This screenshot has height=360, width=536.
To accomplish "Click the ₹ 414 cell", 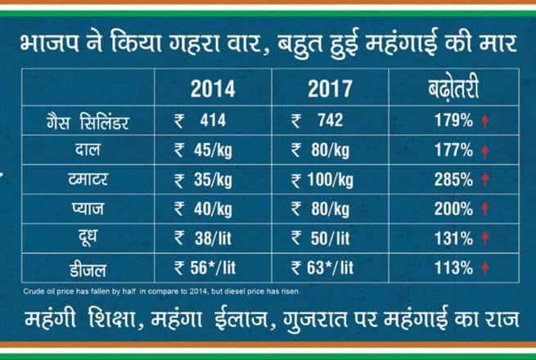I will pos(200,122).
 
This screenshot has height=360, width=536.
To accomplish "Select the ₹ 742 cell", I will pos(318,122).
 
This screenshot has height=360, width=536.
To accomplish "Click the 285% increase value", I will pos(453,181).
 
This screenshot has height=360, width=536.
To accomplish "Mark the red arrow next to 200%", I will pos(485,210).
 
